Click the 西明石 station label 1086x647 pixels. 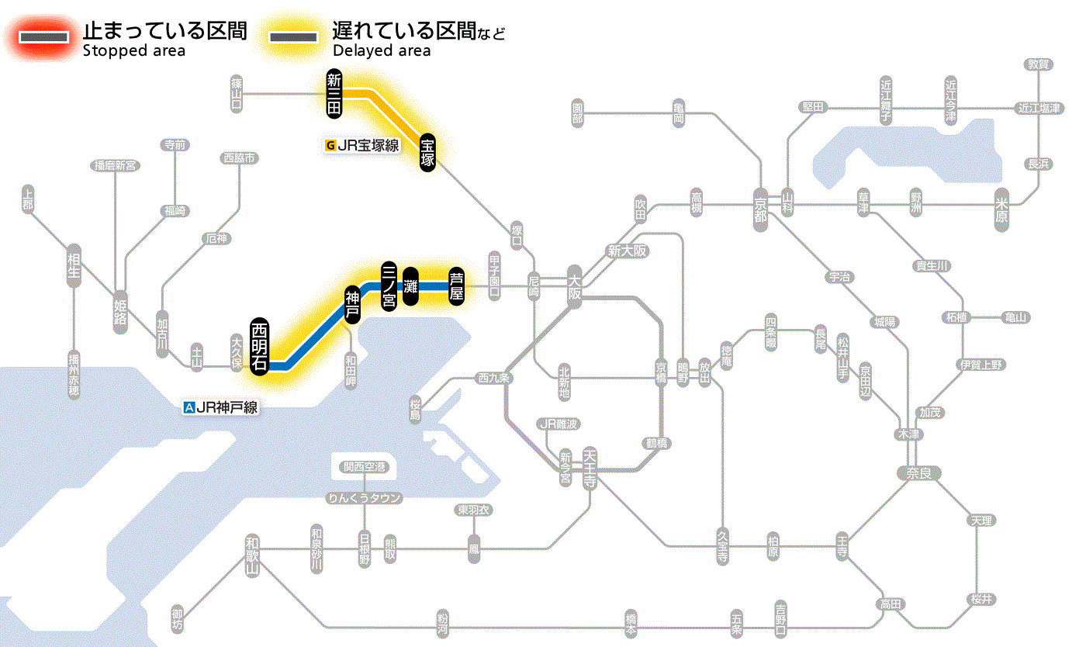[260, 346]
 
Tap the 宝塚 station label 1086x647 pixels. [428, 153]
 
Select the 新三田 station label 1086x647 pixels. [334, 94]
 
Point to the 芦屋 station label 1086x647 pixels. [457, 286]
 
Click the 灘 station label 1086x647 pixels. [411, 286]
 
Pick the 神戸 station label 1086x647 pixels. [352, 304]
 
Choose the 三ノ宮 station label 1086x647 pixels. [389, 285]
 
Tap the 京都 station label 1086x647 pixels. [760, 208]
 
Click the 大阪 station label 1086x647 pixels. [575, 285]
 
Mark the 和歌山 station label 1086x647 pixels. [251, 555]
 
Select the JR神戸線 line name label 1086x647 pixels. [220, 407]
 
